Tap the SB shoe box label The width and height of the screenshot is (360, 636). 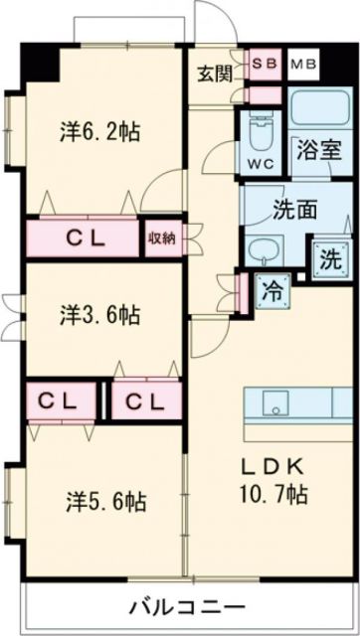(x=264, y=63)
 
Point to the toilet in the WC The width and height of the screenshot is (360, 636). (x=259, y=132)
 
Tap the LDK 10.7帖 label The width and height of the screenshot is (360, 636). (x=270, y=479)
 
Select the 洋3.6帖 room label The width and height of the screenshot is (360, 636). (x=98, y=317)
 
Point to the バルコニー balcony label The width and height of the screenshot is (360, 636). (x=188, y=606)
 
